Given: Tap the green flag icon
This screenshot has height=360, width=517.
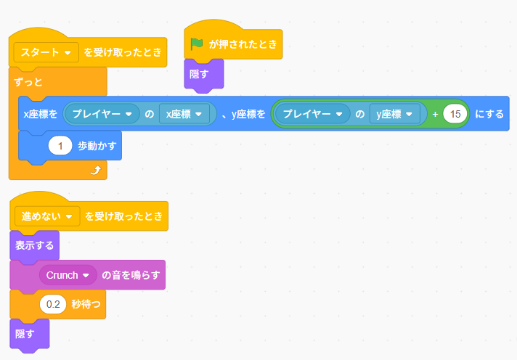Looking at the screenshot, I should (x=197, y=44).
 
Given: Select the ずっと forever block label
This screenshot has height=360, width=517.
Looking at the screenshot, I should (x=28, y=81).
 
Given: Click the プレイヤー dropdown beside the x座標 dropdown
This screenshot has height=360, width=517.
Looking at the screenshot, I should (x=101, y=114).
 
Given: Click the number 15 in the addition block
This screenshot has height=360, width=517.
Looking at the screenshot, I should (x=455, y=114).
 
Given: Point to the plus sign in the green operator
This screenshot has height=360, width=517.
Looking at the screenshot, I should (x=435, y=114).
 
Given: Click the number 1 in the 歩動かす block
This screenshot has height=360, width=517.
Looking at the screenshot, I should (x=60, y=146).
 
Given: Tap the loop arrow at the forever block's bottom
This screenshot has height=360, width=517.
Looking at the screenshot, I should (x=94, y=170).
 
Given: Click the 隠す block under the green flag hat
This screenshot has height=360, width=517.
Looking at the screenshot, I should (x=200, y=74).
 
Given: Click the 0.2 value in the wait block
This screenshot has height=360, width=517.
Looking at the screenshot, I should (x=53, y=305).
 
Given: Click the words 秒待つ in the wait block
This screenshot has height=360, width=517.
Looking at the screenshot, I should (x=86, y=305).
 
